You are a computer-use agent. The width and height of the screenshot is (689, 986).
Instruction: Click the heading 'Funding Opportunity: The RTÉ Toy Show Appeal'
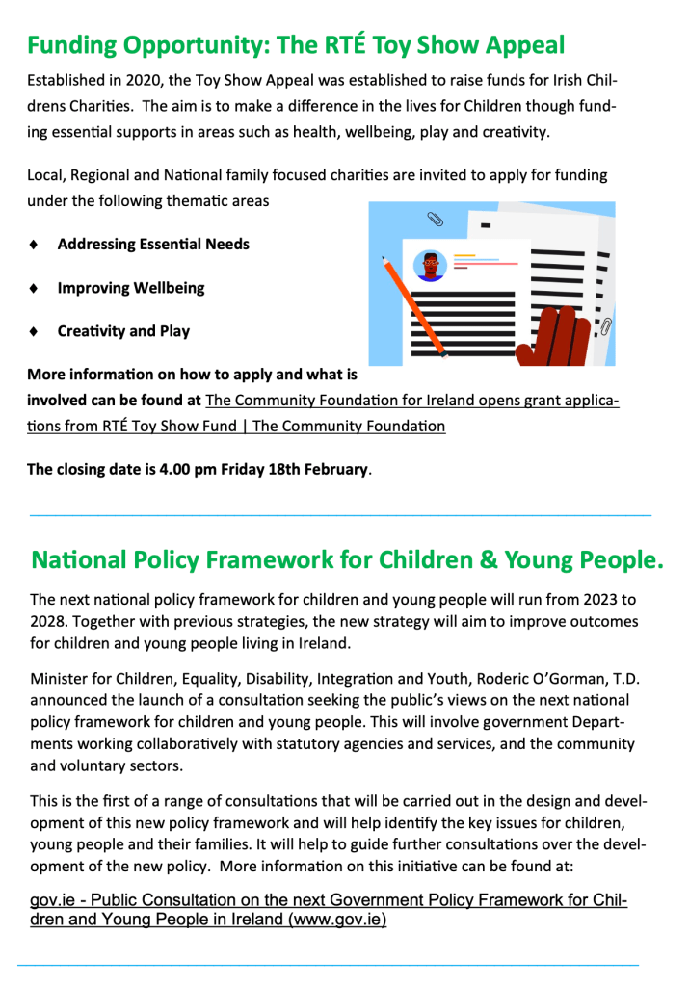point(296,45)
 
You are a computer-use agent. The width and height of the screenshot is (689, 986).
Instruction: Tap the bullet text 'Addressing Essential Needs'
point(153,245)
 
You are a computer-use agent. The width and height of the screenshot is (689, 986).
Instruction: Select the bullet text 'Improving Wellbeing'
point(131,288)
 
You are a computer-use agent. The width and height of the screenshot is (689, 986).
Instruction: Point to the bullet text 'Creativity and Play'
point(123,331)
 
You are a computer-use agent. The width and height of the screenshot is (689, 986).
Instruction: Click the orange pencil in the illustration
point(413,304)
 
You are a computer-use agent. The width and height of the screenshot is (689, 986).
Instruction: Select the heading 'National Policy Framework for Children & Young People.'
point(348,560)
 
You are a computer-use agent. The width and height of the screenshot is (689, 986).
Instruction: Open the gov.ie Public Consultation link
point(329,910)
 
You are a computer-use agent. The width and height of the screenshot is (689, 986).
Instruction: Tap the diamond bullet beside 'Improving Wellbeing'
point(35,288)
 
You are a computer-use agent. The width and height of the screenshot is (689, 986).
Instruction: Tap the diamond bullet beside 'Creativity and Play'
point(35,331)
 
